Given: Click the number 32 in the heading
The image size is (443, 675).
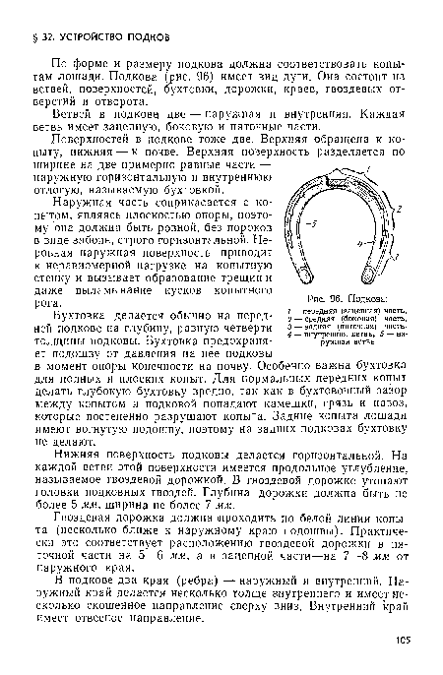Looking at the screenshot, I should pos(40,16).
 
